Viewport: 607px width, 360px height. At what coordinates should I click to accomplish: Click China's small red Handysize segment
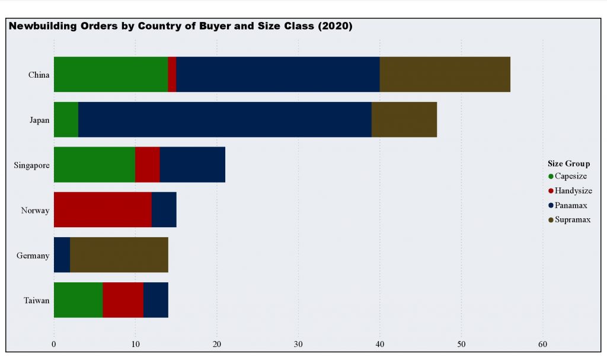tap(172, 74)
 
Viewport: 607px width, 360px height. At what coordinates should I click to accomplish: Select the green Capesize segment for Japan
tap(66, 119)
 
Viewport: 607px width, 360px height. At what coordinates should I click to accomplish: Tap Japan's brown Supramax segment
tap(404, 119)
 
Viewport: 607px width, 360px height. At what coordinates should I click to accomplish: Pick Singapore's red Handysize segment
tap(147, 164)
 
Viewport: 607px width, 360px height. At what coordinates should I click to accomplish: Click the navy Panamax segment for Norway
tap(164, 209)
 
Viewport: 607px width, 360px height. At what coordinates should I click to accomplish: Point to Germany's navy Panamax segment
tap(62, 254)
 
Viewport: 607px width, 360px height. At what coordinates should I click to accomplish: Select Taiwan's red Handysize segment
tap(123, 300)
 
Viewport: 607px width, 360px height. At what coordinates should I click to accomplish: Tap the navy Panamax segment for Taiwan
tap(155, 300)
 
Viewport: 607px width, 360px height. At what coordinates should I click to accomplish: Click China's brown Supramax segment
tap(445, 74)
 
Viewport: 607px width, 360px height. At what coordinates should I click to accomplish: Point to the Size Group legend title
tap(568, 164)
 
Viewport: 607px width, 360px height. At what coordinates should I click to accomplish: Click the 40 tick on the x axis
tap(379, 344)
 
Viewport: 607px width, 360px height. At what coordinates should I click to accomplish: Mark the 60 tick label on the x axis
tap(542, 344)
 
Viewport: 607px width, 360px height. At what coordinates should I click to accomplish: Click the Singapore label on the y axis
tap(31, 165)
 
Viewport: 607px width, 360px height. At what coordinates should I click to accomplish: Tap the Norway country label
tap(35, 210)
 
